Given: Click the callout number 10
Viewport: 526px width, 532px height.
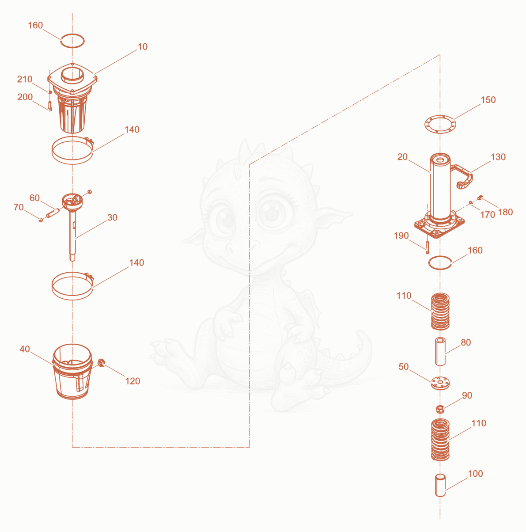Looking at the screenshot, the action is point(142,47).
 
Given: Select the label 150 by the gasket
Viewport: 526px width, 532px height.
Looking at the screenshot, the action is point(488,100).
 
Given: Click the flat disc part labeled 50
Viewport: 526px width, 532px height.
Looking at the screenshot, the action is point(440,383).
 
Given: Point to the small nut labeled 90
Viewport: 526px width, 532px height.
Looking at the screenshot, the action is point(440,409).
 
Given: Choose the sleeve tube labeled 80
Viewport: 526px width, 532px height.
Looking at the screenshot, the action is point(440,351).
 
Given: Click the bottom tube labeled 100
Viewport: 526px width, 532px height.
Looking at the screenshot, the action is point(440,485).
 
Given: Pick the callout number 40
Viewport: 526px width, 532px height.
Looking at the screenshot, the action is point(25,349).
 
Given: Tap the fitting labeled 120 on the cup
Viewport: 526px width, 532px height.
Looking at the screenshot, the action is point(101,363).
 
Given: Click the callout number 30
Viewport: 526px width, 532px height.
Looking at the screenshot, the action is point(112,217).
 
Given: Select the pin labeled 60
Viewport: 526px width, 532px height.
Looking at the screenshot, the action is point(53,213).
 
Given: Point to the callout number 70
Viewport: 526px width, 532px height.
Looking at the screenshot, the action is point(19,207).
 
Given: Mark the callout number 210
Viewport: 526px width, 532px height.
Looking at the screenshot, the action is point(25,79).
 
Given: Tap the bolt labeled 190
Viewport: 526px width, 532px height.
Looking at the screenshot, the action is point(428,247).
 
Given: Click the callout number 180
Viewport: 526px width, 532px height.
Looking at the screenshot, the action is point(505,212).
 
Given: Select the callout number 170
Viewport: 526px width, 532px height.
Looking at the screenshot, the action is point(488,214).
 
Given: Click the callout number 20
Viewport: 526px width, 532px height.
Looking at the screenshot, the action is point(402,157).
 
